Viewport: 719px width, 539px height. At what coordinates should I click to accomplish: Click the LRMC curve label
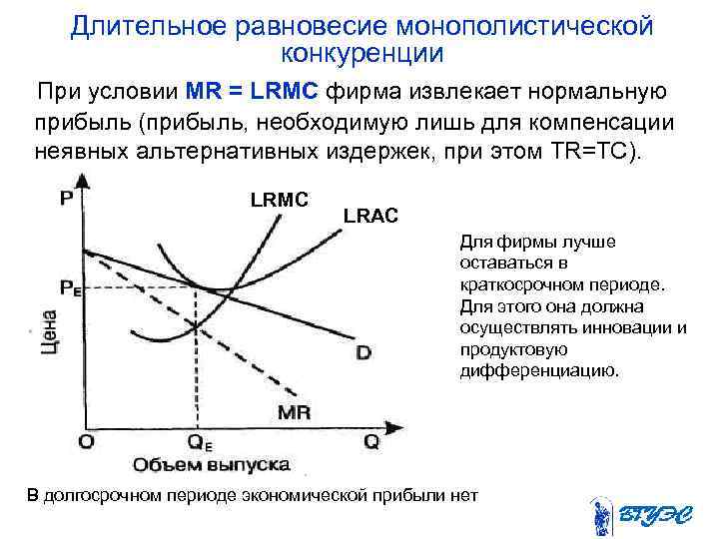(x=280, y=200)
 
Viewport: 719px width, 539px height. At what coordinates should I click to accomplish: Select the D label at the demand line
(x=363, y=352)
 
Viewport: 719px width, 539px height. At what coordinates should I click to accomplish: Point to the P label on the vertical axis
(x=66, y=199)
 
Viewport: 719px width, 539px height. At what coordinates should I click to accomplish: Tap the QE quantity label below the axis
(x=200, y=442)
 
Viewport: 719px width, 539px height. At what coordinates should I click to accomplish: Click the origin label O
(x=87, y=440)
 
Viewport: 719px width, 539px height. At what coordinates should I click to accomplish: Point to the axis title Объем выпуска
(x=210, y=465)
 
